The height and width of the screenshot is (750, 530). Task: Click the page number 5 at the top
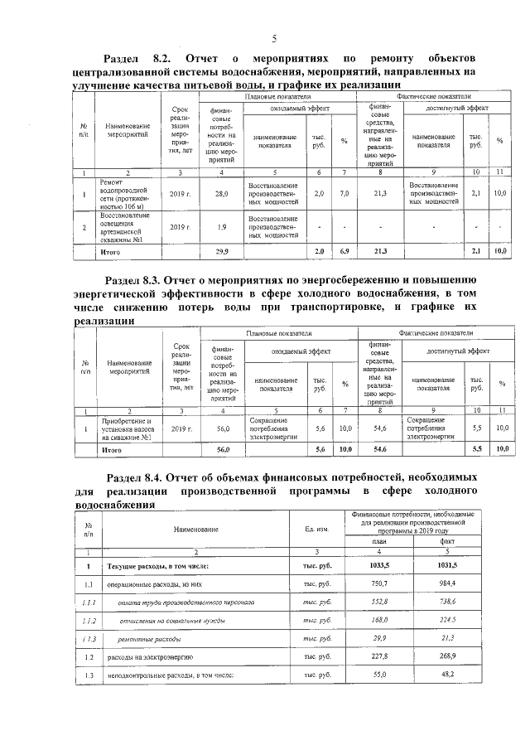(x=274, y=39)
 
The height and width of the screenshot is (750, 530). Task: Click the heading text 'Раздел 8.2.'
(x=136, y=60)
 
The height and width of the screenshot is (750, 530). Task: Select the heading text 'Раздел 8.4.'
(x=136, y=478)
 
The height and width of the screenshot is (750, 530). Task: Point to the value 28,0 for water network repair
(x=221, y=194)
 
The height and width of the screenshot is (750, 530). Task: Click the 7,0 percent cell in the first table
(x=344, y=194)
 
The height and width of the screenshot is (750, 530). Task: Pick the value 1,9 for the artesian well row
(x=221, y=226)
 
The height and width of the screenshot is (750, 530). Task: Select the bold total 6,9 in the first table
(x=344, y=250)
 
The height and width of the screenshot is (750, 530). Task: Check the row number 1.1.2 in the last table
(x=88, y=620)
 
